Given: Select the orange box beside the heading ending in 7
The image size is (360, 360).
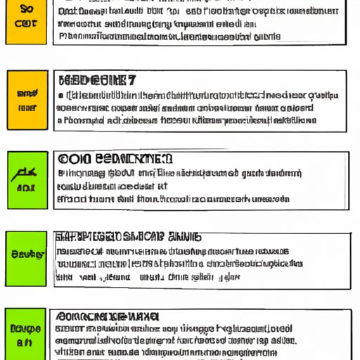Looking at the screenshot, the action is [28, 100].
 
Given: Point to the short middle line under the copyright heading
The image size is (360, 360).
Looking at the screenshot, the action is [112, 186].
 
